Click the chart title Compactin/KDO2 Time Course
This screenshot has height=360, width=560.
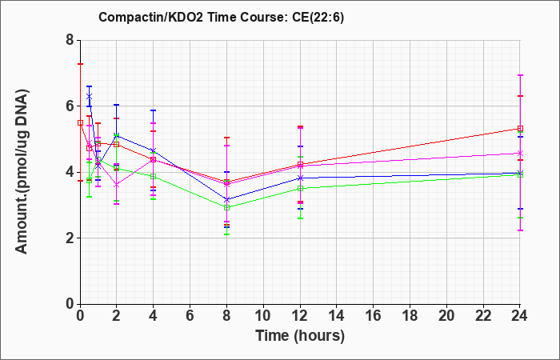point(194,17)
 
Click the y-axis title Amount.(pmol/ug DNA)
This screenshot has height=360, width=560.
point(22,172)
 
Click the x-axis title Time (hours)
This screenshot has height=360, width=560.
point(300,336)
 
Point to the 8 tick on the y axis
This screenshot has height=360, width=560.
point(70,40)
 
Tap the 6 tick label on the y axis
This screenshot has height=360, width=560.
point(70,106)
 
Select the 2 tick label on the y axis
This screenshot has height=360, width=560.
point(70,238)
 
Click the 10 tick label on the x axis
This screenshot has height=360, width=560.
point(263,316)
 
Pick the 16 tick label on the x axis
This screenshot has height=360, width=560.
point(374,316)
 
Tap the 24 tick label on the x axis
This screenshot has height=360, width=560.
point(520,316)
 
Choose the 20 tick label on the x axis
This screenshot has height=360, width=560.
point(446,316)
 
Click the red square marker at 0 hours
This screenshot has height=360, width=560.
point(80,123)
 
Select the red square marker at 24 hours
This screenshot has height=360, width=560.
point(520,129)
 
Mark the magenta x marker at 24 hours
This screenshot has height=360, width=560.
point(520,154)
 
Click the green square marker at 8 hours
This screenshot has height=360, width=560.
point(226,207)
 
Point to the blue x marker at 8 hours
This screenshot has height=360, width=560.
point(226,200)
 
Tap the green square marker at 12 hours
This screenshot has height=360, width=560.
point(300,189)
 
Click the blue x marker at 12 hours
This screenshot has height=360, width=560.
point(300,178)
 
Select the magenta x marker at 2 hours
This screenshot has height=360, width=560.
point(117,185)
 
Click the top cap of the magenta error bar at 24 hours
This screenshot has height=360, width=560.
point(520,75)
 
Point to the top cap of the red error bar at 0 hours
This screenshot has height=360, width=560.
point(81,64)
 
